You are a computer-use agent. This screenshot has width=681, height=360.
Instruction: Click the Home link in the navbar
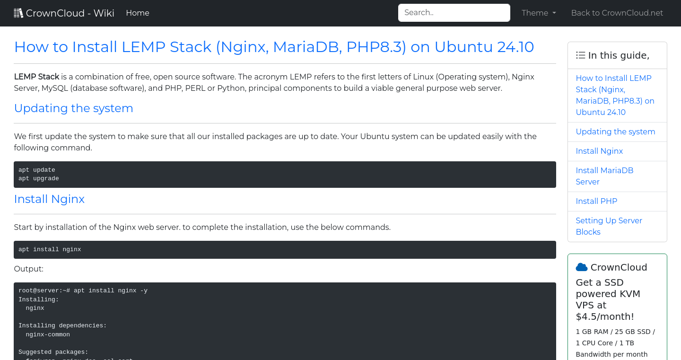(138, 13)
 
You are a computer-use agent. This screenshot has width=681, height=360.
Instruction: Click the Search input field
(454, 13)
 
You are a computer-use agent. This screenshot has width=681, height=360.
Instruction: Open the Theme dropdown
(539, 13)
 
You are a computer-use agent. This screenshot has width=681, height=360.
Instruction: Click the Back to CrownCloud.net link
(617, 13)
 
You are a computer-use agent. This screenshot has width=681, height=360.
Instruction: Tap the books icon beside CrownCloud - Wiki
(18, 13)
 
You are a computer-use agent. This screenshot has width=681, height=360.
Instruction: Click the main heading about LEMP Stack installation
(274, 47)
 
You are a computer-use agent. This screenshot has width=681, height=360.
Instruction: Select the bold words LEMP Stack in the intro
(36, 77)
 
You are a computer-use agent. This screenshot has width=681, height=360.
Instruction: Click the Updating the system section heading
(74, 108)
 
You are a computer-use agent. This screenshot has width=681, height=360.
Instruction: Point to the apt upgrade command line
(39, 178)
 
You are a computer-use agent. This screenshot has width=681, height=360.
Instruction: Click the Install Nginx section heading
(49, 199)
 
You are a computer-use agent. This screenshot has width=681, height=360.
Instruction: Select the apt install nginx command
(50, 249)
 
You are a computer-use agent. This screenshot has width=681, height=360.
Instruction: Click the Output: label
(28, 269)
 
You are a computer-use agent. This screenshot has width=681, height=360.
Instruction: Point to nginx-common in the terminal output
(48, 334)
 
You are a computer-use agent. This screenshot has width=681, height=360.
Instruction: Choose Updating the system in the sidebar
(615, 132)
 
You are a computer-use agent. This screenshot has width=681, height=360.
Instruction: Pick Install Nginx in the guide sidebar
(599, 151)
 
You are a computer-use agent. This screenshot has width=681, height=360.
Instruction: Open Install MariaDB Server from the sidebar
(604, 176)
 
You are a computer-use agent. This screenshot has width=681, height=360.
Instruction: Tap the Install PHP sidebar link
(596, 201)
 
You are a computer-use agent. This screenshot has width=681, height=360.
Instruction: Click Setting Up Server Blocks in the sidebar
(609, 226)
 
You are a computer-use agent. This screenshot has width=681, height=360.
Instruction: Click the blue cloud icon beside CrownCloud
(582, 267)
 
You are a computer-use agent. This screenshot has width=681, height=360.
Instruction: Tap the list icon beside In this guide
(580, 55)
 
